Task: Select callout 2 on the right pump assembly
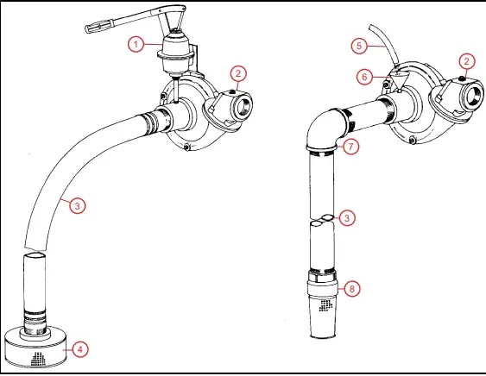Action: click(467, 60)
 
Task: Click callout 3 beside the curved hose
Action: click(77, 205)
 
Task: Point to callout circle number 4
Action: click(79, 349)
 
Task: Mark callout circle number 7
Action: click(350, 147)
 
